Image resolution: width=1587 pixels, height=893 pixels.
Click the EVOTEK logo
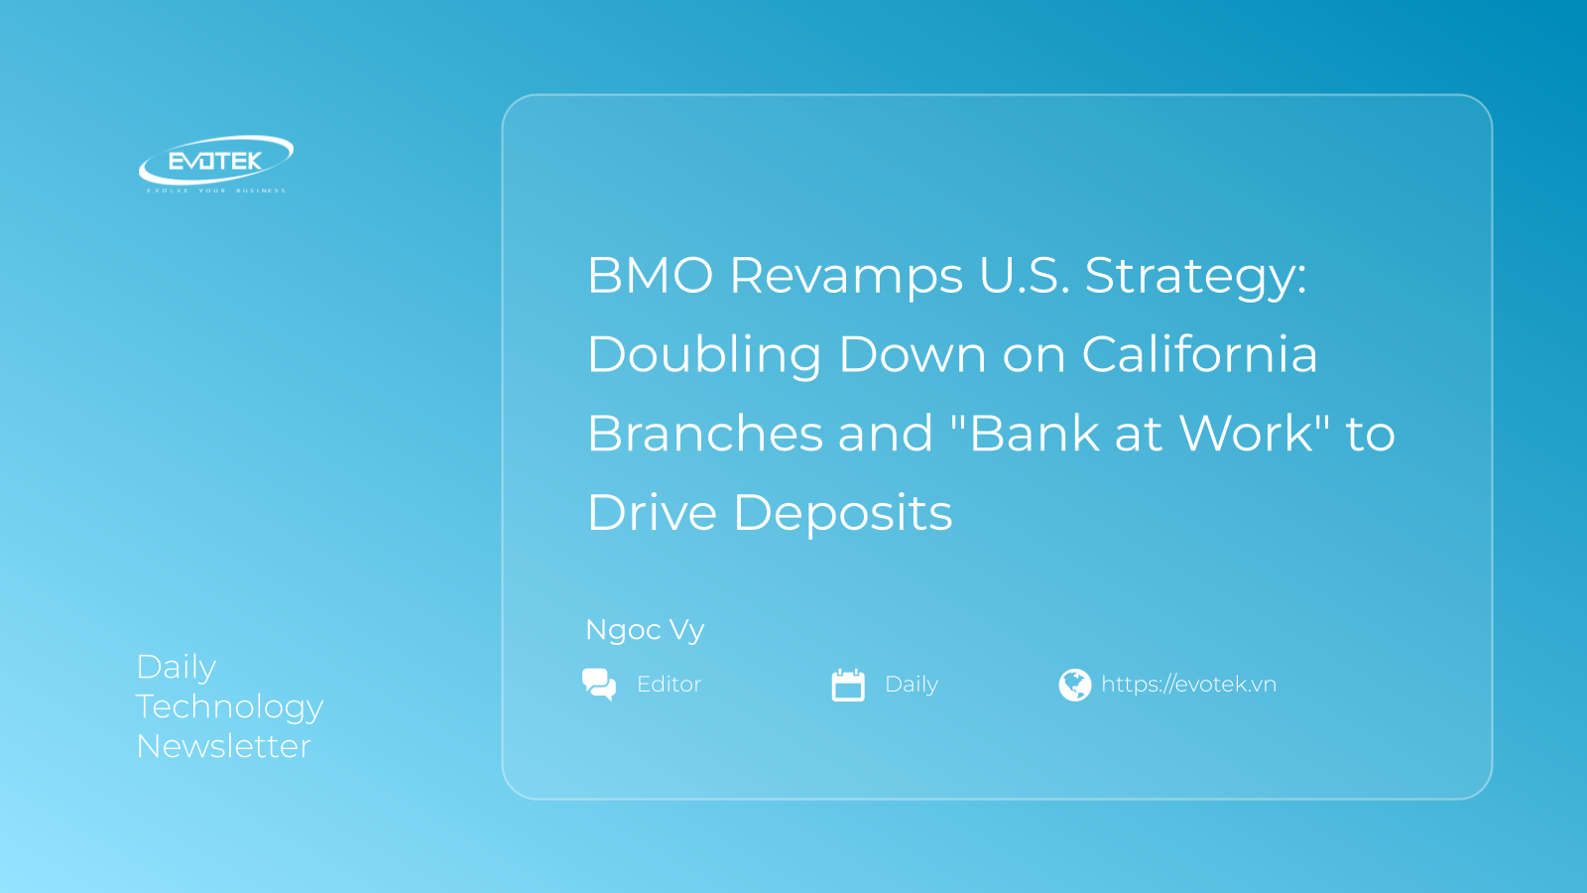click(x=216, y=163)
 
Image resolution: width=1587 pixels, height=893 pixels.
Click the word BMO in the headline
click(x=651, y=275)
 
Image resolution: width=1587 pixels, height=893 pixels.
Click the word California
click(x=1199, y=353)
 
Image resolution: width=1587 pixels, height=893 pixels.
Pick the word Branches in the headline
click(x=705, y=433)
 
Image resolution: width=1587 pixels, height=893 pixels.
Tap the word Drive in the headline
click(x=653, y=512)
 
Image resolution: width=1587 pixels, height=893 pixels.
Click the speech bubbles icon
click(x=599, y=685)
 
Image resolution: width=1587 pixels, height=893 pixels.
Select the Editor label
click(x=669, y=684)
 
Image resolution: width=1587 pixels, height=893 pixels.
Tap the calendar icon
click(x=848, y=685)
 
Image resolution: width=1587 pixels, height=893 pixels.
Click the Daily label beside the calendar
click(x=912, y=685)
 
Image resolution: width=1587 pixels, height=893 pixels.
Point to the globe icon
click(x=1075, y=685)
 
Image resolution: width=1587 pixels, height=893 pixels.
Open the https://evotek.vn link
click(x=1189, y=684)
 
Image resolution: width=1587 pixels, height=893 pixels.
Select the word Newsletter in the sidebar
click(x=223, y=746)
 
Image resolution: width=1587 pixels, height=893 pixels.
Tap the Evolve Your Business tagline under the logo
click(x=216, y=191)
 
